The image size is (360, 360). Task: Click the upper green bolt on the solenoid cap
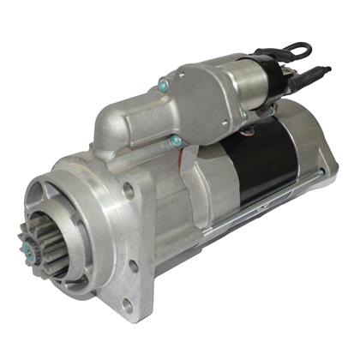pyautogui.click(x=162, y=83)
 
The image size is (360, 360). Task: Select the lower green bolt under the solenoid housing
pyautogui.click(x=175, y=140)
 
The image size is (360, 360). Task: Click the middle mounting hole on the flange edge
pyautogui.click(x=134, y=267)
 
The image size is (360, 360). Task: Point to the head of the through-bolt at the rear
pyautogui.click(x=328, y=190)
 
